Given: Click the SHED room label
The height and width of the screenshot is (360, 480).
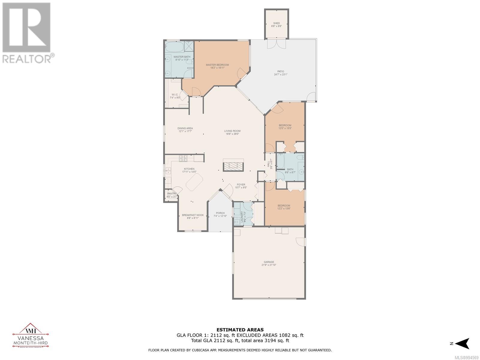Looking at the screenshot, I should click(276, 23).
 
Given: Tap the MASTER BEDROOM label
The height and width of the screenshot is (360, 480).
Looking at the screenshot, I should click(217, 65).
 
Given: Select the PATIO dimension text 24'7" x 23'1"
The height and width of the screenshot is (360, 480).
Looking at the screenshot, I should click(280, 75).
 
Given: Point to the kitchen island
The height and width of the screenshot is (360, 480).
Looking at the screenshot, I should click(194, 183).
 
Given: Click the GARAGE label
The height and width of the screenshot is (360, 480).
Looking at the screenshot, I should click(269, 262).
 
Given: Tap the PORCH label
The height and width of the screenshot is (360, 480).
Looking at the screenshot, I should click(220, 213).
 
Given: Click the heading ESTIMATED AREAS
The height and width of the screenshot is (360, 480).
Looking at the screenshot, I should click(240, 330).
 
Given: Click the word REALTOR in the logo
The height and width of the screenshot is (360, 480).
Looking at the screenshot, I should click(27, 59).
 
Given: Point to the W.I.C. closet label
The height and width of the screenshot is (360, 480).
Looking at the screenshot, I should click(175, 94).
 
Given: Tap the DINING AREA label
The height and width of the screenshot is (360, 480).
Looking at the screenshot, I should click(185, 128).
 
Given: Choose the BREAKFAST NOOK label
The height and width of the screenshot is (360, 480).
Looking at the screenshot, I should click(193, 215).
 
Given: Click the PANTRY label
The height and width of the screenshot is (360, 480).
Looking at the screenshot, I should click(172, 194).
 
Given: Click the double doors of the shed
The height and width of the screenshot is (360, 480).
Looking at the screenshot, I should click(276, 44).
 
